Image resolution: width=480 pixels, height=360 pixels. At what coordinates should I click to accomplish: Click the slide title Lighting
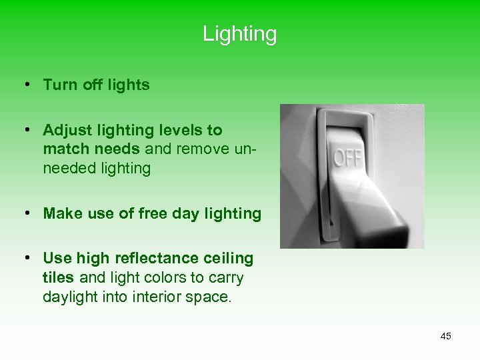(x=239, y=33)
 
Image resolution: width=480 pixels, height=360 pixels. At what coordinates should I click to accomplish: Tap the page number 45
(x=445, y=336)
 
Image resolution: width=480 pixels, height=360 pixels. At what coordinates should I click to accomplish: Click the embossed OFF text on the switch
(x=348, y=159)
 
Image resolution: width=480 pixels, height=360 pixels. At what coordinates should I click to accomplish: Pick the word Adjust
(x=65, y=130)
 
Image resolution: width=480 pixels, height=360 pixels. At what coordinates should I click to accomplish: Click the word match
(x=65, y=149)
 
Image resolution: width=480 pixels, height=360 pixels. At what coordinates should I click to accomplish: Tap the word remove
(x=200, y=149)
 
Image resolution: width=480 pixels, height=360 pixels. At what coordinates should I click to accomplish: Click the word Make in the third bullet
(x=61, y=213)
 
